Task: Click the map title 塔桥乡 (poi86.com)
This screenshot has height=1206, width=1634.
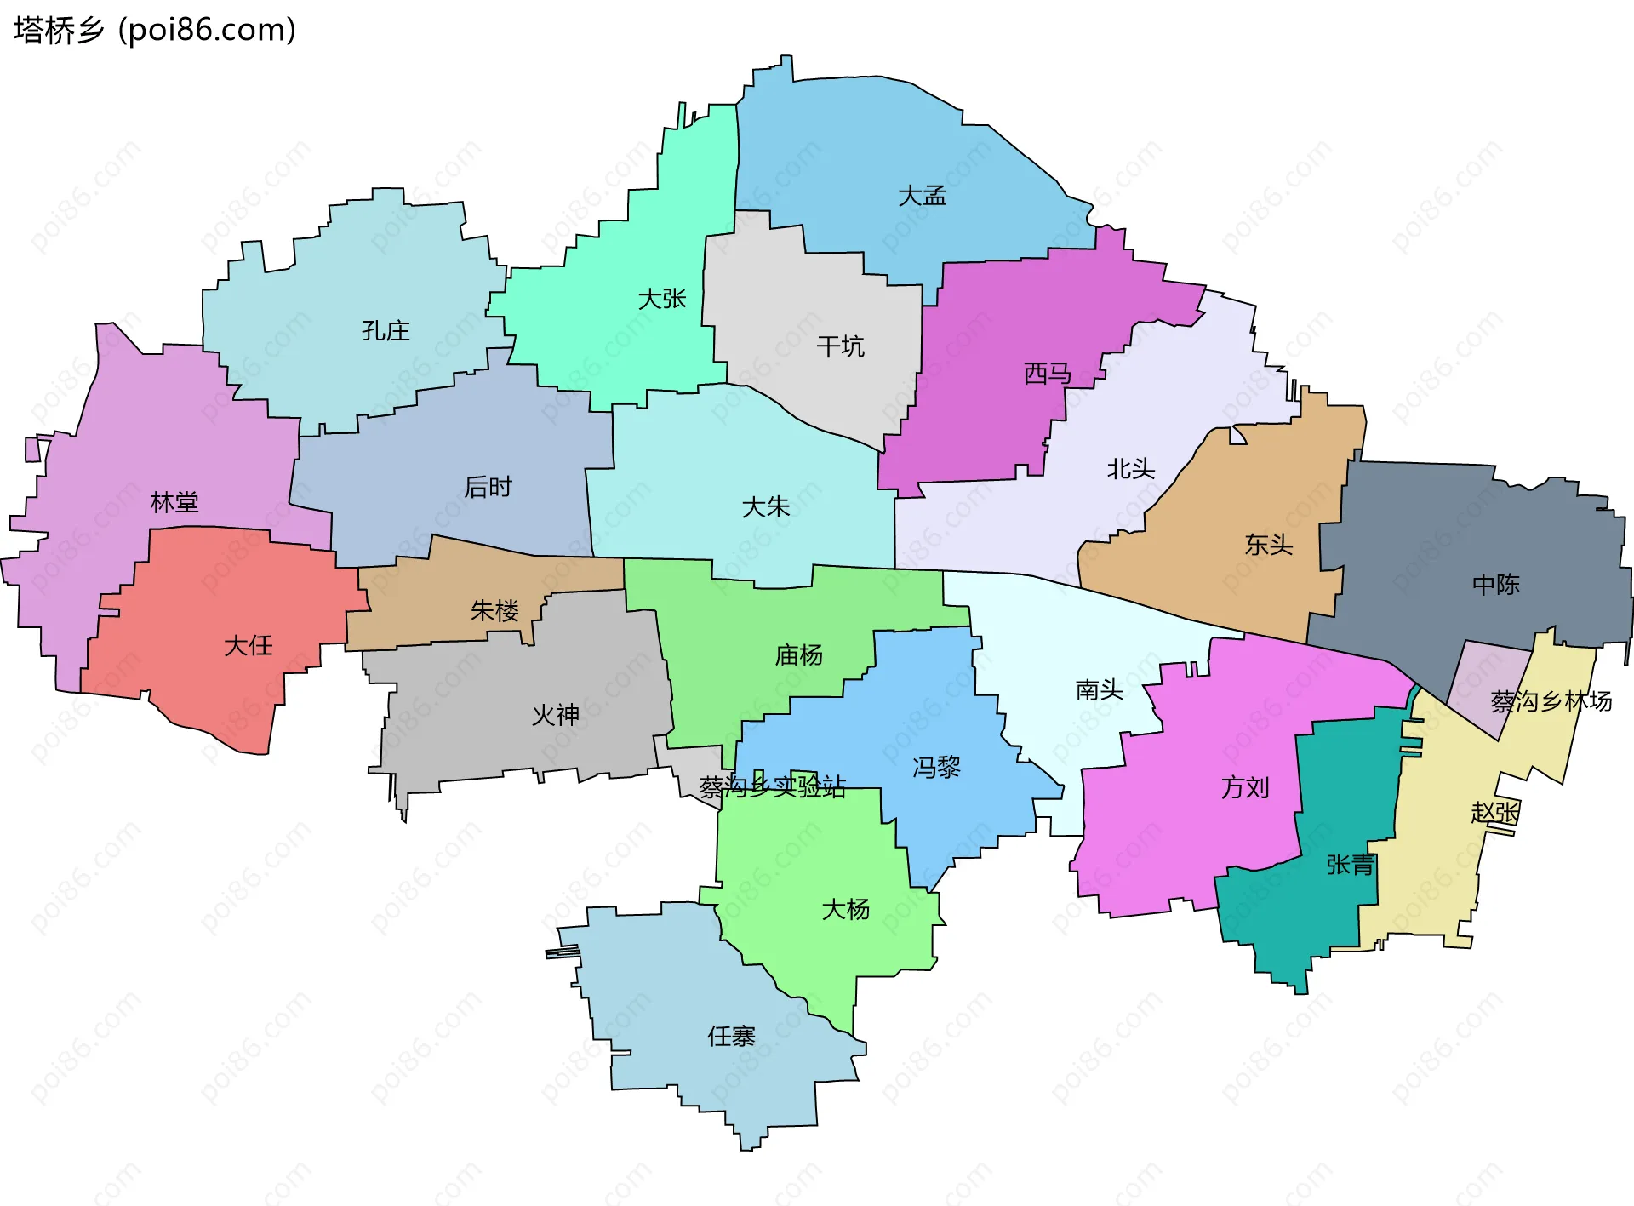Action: click(154, 30)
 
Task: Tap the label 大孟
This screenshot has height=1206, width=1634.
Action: click(922, 197)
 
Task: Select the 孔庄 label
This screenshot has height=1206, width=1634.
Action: click(386, 331)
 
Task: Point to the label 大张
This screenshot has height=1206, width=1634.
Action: click(662, 299)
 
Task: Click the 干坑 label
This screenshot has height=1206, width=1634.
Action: click(840, 346)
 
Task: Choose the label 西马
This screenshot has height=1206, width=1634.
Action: click(1047, 373)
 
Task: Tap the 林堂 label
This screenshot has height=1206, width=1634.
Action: click(174, 502)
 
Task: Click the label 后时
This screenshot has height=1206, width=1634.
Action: click(488, 487)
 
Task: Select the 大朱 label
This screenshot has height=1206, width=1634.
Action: click(766, 507)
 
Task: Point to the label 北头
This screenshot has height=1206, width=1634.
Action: click(1130, 469)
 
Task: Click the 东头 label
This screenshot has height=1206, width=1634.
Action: click(1268, 545)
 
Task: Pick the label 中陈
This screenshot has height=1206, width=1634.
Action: click(1495, 585)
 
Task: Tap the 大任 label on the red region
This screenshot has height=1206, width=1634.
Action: click(248, 645)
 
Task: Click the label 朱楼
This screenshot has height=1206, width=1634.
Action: click(494, 610)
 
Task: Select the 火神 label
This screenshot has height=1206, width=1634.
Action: click(555, 715)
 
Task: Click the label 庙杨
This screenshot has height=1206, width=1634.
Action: click(798, 655)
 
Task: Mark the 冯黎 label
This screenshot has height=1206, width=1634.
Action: click(936, 768)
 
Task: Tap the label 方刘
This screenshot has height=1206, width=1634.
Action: click(1244, 787)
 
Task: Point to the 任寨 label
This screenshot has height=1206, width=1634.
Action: click(731, 1036)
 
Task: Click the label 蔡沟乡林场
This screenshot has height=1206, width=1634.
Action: click(1551, 701)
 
